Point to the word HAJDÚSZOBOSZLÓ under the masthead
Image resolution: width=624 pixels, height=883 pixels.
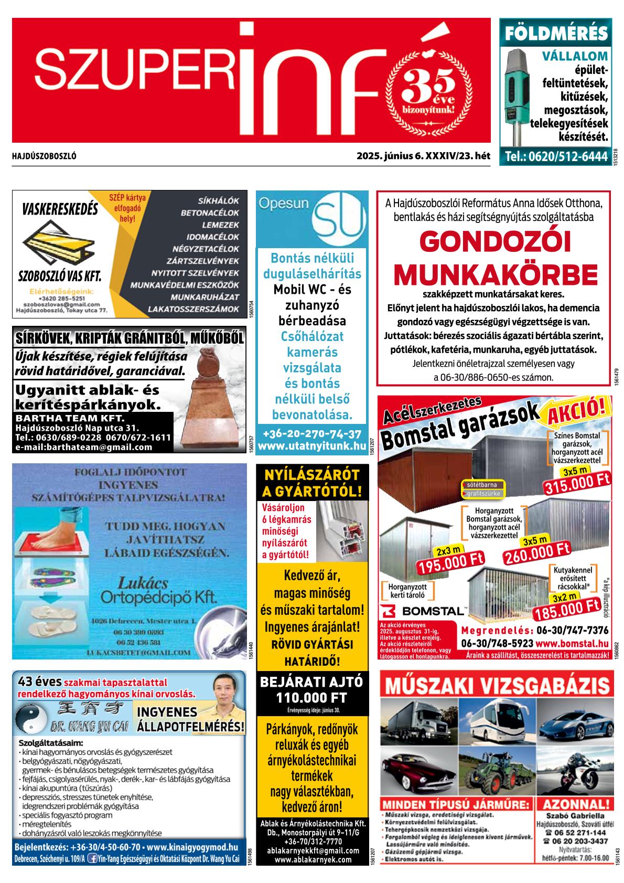tap(44, 156)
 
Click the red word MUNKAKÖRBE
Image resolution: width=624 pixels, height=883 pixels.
tap(495, 274)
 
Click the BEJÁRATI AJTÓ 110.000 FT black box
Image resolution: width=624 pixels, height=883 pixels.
tap(311, 690)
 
